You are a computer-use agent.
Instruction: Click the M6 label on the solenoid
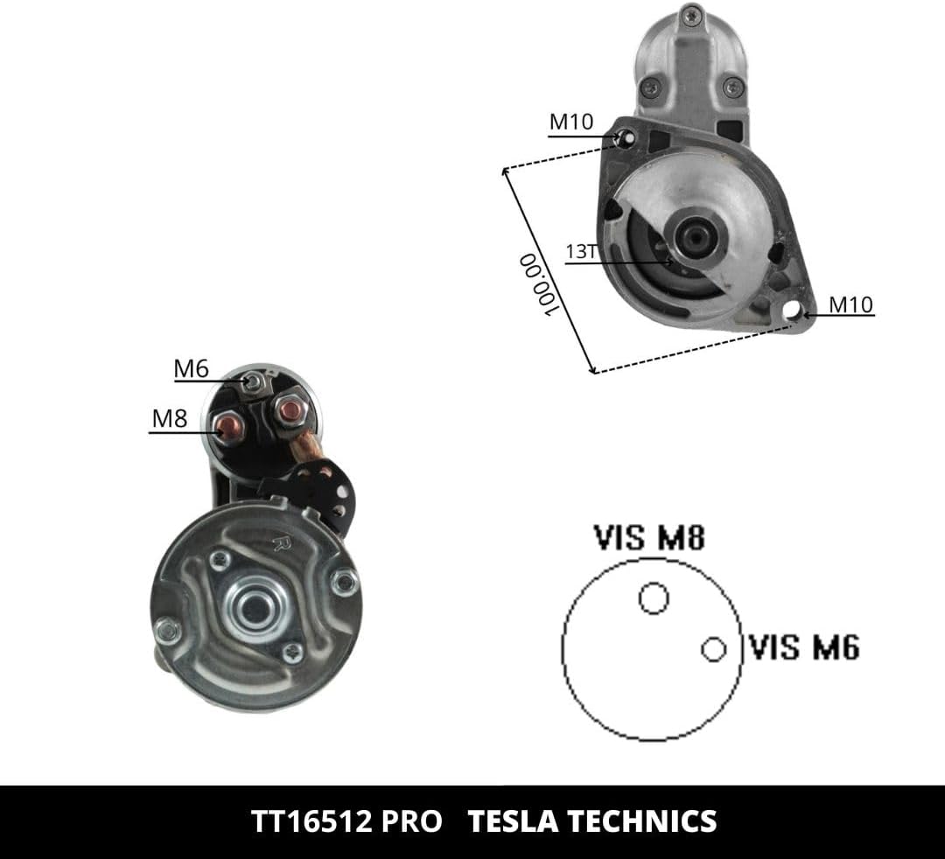pyautogui.click(x=191, y=368)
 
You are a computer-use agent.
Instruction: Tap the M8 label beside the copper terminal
pyautogui.click(x=170, y=418)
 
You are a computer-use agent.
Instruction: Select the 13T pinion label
pyautogui.click(x=581, y=251)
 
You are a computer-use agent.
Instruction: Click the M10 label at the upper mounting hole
pyautogui.click(x=571, y=122)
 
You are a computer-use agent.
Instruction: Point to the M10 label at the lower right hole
pyautogui.click(x=851, y=304)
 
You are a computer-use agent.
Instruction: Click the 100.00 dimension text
pyautogui.click(x=538, y=285)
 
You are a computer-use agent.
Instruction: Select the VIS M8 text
pyautogui.click(x=649, y=537)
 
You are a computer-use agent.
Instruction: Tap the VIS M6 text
pyautogui.click(x=804, y=647)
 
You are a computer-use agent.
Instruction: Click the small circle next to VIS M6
pyautogui.click(x=714, y=649)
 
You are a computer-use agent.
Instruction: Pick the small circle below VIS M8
pyautogui.click(x=654, y=598)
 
